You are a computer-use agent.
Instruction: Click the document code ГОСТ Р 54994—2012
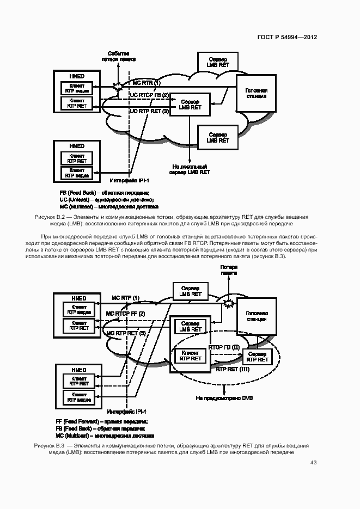[x=287, y=38]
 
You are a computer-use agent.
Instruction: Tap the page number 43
[x=313, y=463]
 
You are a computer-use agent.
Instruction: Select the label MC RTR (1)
[x=147, y=83]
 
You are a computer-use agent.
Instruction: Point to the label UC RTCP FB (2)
[x=149, y=96]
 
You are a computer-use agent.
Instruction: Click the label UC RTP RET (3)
[x=149, y=111]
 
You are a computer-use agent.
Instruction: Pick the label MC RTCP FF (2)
[x=125, y=314]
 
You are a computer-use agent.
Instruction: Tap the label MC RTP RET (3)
[x=126, y=333]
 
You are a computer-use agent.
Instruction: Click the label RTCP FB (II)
[x=224, y=347]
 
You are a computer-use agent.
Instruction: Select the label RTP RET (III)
[x=233, y=369]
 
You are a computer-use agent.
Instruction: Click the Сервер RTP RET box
[x=257, y=357]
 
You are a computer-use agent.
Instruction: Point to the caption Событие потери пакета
[x=118, y=56]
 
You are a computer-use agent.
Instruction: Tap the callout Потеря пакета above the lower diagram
[x=229, y=271]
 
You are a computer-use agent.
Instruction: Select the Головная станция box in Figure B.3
[x=256, y=316]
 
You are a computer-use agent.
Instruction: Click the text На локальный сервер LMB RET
[x=191, y=169]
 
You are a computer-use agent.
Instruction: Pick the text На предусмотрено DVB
[x=224, y=398]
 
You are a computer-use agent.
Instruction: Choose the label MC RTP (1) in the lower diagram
[x=126, y=298]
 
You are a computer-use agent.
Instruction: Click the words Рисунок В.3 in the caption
[x=49, y=446]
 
